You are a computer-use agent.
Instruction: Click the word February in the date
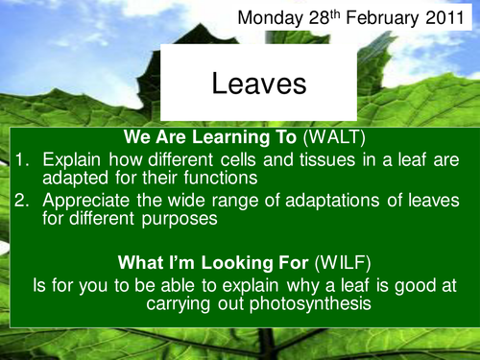[x=386, y=18]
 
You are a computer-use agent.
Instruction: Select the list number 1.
[x=24, y=156]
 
